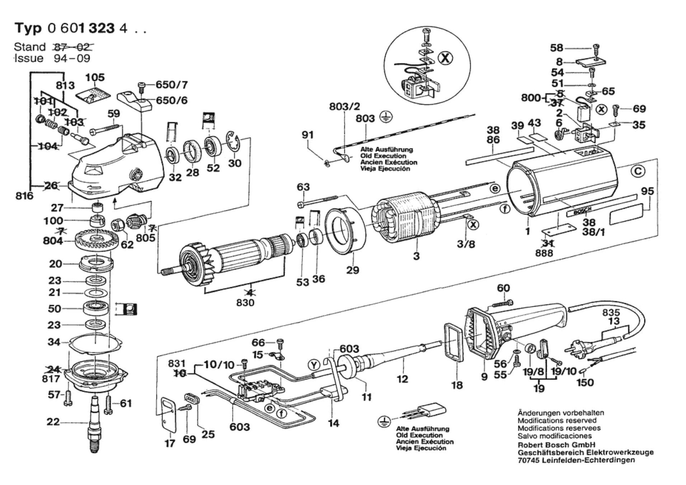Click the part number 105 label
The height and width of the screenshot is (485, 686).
click(x=95, y=77)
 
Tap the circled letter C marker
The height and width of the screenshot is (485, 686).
click(x=638, y=171)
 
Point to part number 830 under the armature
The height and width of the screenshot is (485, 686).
click(x=245, y=302)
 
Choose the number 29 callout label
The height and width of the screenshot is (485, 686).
click(x=352, y=270)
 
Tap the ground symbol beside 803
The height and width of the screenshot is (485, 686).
click(x=386, y=117)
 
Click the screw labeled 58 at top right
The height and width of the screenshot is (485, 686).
click(x=596, y=48)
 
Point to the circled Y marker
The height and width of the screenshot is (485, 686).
click(x=314, y=365)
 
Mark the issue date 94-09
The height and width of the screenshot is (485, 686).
click(x=72, y=58)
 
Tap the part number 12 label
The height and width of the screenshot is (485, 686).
click(x=402, y=379)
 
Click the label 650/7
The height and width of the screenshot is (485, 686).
click(x=171, y=85)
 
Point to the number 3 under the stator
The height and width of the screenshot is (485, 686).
click(x=416, y=256)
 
